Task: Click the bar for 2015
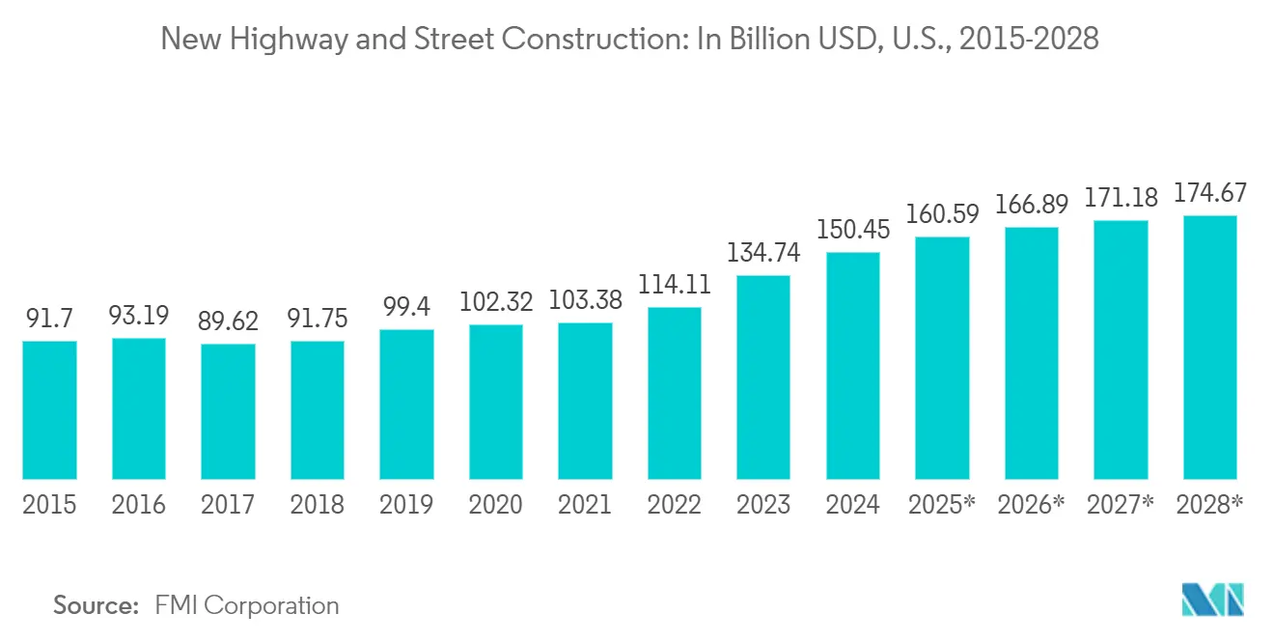pos(49,410)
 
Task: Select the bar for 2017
pos(229,411)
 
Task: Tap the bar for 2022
pos(675,393)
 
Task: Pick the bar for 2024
pos(853,366)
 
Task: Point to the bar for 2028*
pos(1210,348)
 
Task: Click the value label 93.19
pos(139,316)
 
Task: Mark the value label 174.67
pos(1210,192)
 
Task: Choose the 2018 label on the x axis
pos(318,504)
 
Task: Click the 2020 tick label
pos(496,504)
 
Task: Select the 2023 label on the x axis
pos(764,504)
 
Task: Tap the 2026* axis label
pos(1032,504)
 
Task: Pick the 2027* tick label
pos(1121,504)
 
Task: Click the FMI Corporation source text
pos(247,605)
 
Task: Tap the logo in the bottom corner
pos(1213,600)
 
